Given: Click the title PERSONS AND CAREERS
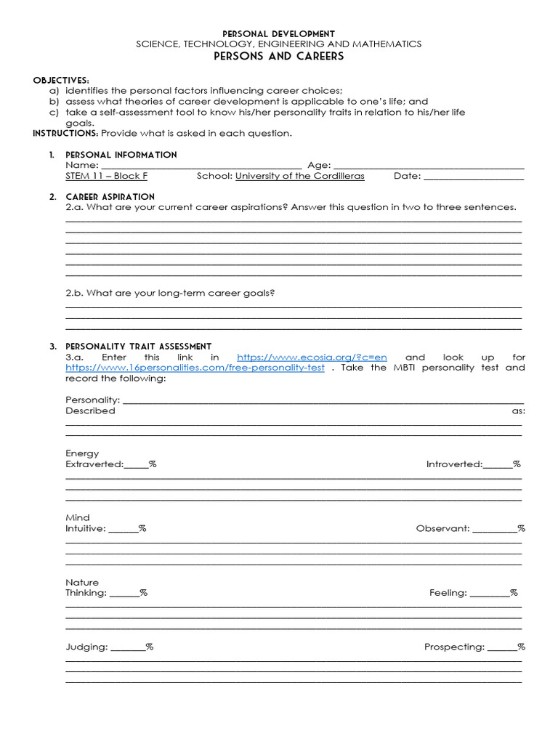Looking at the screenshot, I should point(278,57).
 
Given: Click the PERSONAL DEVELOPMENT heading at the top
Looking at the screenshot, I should point(278,33).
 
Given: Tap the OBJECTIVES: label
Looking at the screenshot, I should point(61,80).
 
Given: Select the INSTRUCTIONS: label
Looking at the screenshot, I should point(65,133).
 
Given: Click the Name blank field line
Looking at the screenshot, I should point(201,166).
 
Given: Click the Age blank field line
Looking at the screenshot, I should point(429,166).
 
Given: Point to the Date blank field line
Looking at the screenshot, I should point(473,177).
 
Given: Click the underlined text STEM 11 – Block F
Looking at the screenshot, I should point(107,176).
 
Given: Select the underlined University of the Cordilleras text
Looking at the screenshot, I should point(300,176).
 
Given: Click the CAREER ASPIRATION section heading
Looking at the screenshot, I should point(110,197).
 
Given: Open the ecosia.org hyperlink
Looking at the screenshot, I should point(312,357).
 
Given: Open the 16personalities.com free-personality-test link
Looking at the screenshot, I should point(195,368).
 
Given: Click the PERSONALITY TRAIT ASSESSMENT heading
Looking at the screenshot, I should point(138,347).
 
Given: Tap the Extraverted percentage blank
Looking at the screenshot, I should point(137,465).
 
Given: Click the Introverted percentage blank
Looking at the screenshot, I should point(498,465).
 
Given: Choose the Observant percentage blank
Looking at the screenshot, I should point(495,529).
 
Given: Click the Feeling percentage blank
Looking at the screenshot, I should point(489,594).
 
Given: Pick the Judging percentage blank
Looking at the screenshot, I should point(128,647).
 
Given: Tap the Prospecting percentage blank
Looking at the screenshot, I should point(501,647).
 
